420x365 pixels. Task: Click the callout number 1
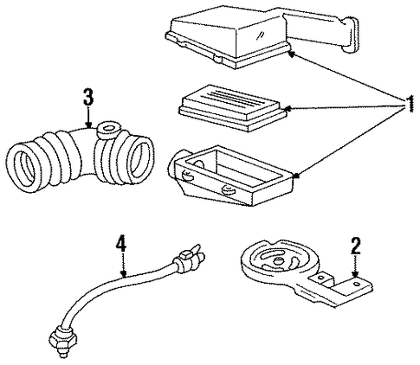click(x=410, y=105)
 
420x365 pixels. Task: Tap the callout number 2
click(x=355, y=246)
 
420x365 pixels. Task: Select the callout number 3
click(x=88, y=97)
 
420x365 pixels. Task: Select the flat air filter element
click(x=233, y=107)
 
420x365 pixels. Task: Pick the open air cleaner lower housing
click(x=232, y=176)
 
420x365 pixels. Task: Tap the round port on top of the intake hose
click(x=109, y=129)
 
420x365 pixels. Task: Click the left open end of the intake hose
click(x=23, y=167)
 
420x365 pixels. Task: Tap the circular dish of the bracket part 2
click(x=279, y=258)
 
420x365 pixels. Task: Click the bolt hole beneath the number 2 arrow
click(x=357, y=285)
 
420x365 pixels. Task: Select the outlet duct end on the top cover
click(x=350, y=35)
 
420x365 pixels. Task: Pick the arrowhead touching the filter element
click(x=288, y=109)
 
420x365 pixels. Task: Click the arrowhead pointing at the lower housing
click(x=296, y=175)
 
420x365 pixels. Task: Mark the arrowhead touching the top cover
click(x=292, y=54)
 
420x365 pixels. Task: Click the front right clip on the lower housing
click(x=227, y=190)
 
